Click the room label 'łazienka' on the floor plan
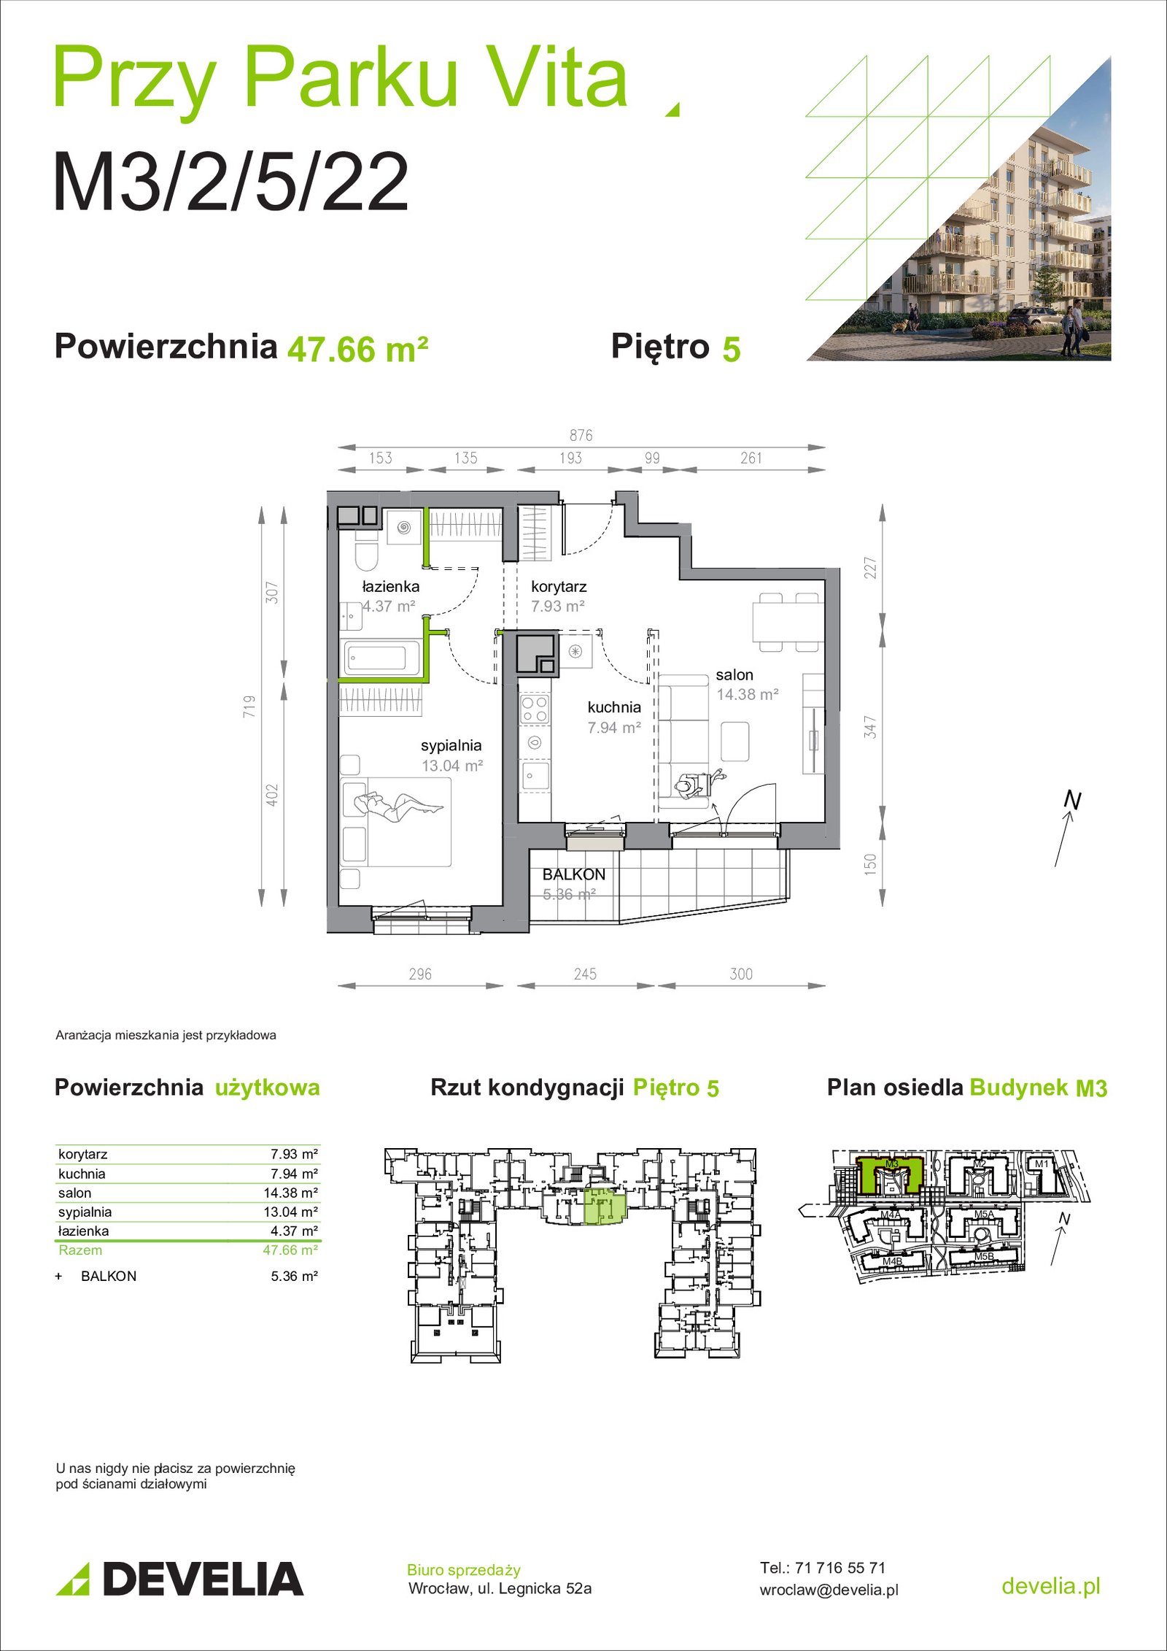390,586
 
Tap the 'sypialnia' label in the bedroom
451,746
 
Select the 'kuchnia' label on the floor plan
614,707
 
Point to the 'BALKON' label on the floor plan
574,874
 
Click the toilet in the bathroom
365,548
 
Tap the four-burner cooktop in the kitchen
534,709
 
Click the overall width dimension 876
581,436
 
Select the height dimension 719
249,707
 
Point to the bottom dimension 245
585,974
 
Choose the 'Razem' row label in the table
80,1250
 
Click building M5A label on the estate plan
984,1215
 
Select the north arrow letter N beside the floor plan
1072,801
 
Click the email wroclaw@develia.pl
829,1590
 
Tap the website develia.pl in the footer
1051,1585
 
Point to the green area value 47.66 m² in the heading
357,350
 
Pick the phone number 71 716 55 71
840,1567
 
